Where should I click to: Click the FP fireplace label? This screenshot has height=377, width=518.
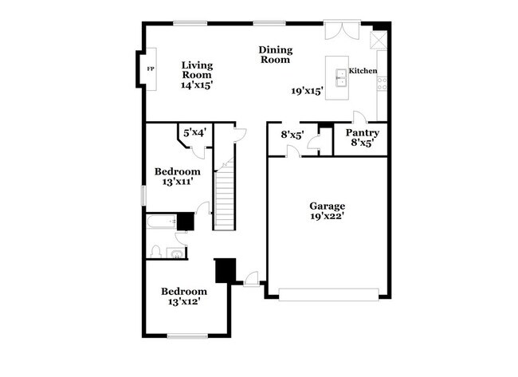149,69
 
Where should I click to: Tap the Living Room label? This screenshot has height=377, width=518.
196,70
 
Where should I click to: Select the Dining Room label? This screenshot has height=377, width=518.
274,54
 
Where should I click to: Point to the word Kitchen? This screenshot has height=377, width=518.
363,71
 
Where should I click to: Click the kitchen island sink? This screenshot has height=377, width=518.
341,77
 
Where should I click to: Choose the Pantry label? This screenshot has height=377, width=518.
363,133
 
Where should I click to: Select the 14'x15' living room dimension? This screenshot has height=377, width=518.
197,84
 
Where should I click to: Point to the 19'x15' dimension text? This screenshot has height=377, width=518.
307,91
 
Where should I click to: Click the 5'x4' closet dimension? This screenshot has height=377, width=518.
195,133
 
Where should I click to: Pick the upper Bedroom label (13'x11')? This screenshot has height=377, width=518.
177,171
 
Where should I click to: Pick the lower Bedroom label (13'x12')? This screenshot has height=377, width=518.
184,292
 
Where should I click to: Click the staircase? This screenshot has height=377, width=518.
226,191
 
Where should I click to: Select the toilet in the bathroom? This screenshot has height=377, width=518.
156,252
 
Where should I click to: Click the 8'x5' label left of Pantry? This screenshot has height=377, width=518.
292,135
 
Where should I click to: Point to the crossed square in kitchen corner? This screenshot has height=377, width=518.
379,40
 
